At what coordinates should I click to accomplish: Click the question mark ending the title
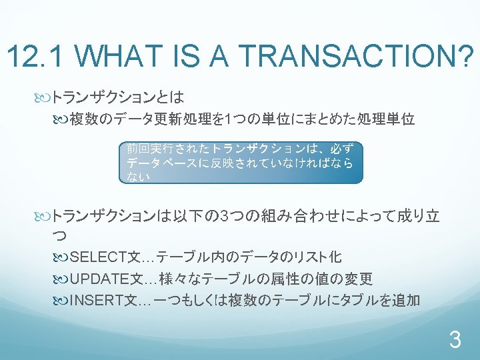click(464, 55)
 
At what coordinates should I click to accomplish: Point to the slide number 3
click(455, 339)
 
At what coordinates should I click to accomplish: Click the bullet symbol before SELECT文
click(60, 258)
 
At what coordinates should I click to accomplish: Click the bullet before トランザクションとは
click(42, 99)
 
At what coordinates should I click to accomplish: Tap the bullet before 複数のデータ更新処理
click(60, 120)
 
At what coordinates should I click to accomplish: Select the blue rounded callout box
click(241, 163)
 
